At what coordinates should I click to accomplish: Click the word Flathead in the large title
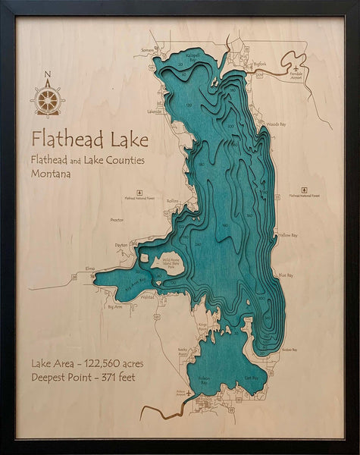pyautogui.click(x=64, y=140)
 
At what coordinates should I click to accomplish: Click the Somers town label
pyautogui.click(x=147, y=51)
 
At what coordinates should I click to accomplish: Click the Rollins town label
pyautogui.click(x=173, y=201)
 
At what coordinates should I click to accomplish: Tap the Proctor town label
pyautogui.click(x=117, y=219)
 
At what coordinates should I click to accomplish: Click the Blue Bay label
pyautogui.click(x=285, y=275)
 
